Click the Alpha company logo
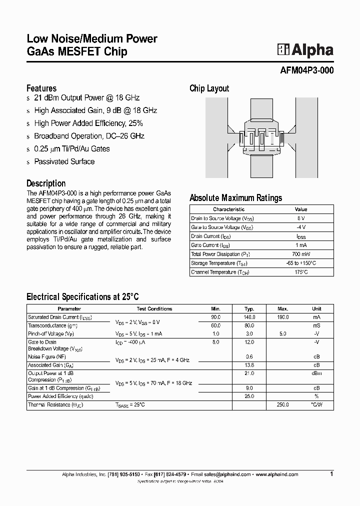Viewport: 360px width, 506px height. coord(305,49)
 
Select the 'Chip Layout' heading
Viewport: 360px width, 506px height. coord(209,88)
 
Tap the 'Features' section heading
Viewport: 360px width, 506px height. coord(41,88)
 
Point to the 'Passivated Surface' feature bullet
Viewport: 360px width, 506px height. coord(64,161)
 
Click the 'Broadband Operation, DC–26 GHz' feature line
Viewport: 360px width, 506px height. coord(89,136)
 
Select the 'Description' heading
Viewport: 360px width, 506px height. coord(46,183)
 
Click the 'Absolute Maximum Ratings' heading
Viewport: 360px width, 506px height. coord(235,197)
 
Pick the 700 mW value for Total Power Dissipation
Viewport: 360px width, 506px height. coord(301,254)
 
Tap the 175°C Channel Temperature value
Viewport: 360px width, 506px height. coord(301,272)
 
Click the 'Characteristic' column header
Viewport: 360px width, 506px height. coord(228,209)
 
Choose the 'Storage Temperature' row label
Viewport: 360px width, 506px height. coord(219,263)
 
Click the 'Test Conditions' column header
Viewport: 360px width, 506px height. coord(154,309)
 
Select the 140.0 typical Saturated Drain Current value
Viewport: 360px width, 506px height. coord(249,317)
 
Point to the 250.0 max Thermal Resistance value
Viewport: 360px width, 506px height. coord(283,404)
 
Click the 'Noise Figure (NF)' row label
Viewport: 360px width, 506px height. coord(47,357)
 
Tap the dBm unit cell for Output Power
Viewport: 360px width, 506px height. coord(316,373)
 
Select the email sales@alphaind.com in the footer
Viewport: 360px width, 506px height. coord(230,474)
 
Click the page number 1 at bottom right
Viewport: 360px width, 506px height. coord(331,473)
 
